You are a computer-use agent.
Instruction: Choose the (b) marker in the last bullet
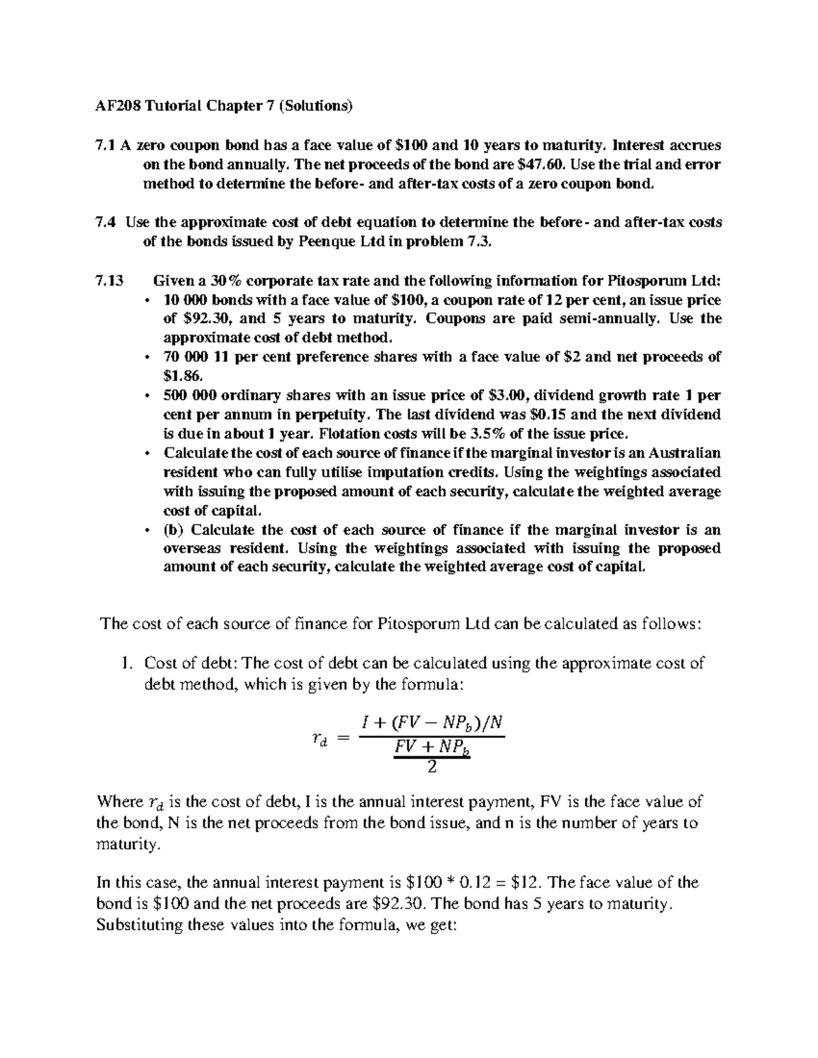(x=175, y=530)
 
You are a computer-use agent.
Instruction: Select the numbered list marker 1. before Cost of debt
(x=124, y=664)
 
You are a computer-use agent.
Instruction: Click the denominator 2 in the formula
(x=431, y=768)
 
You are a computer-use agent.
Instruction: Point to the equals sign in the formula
(x=342, y=740)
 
